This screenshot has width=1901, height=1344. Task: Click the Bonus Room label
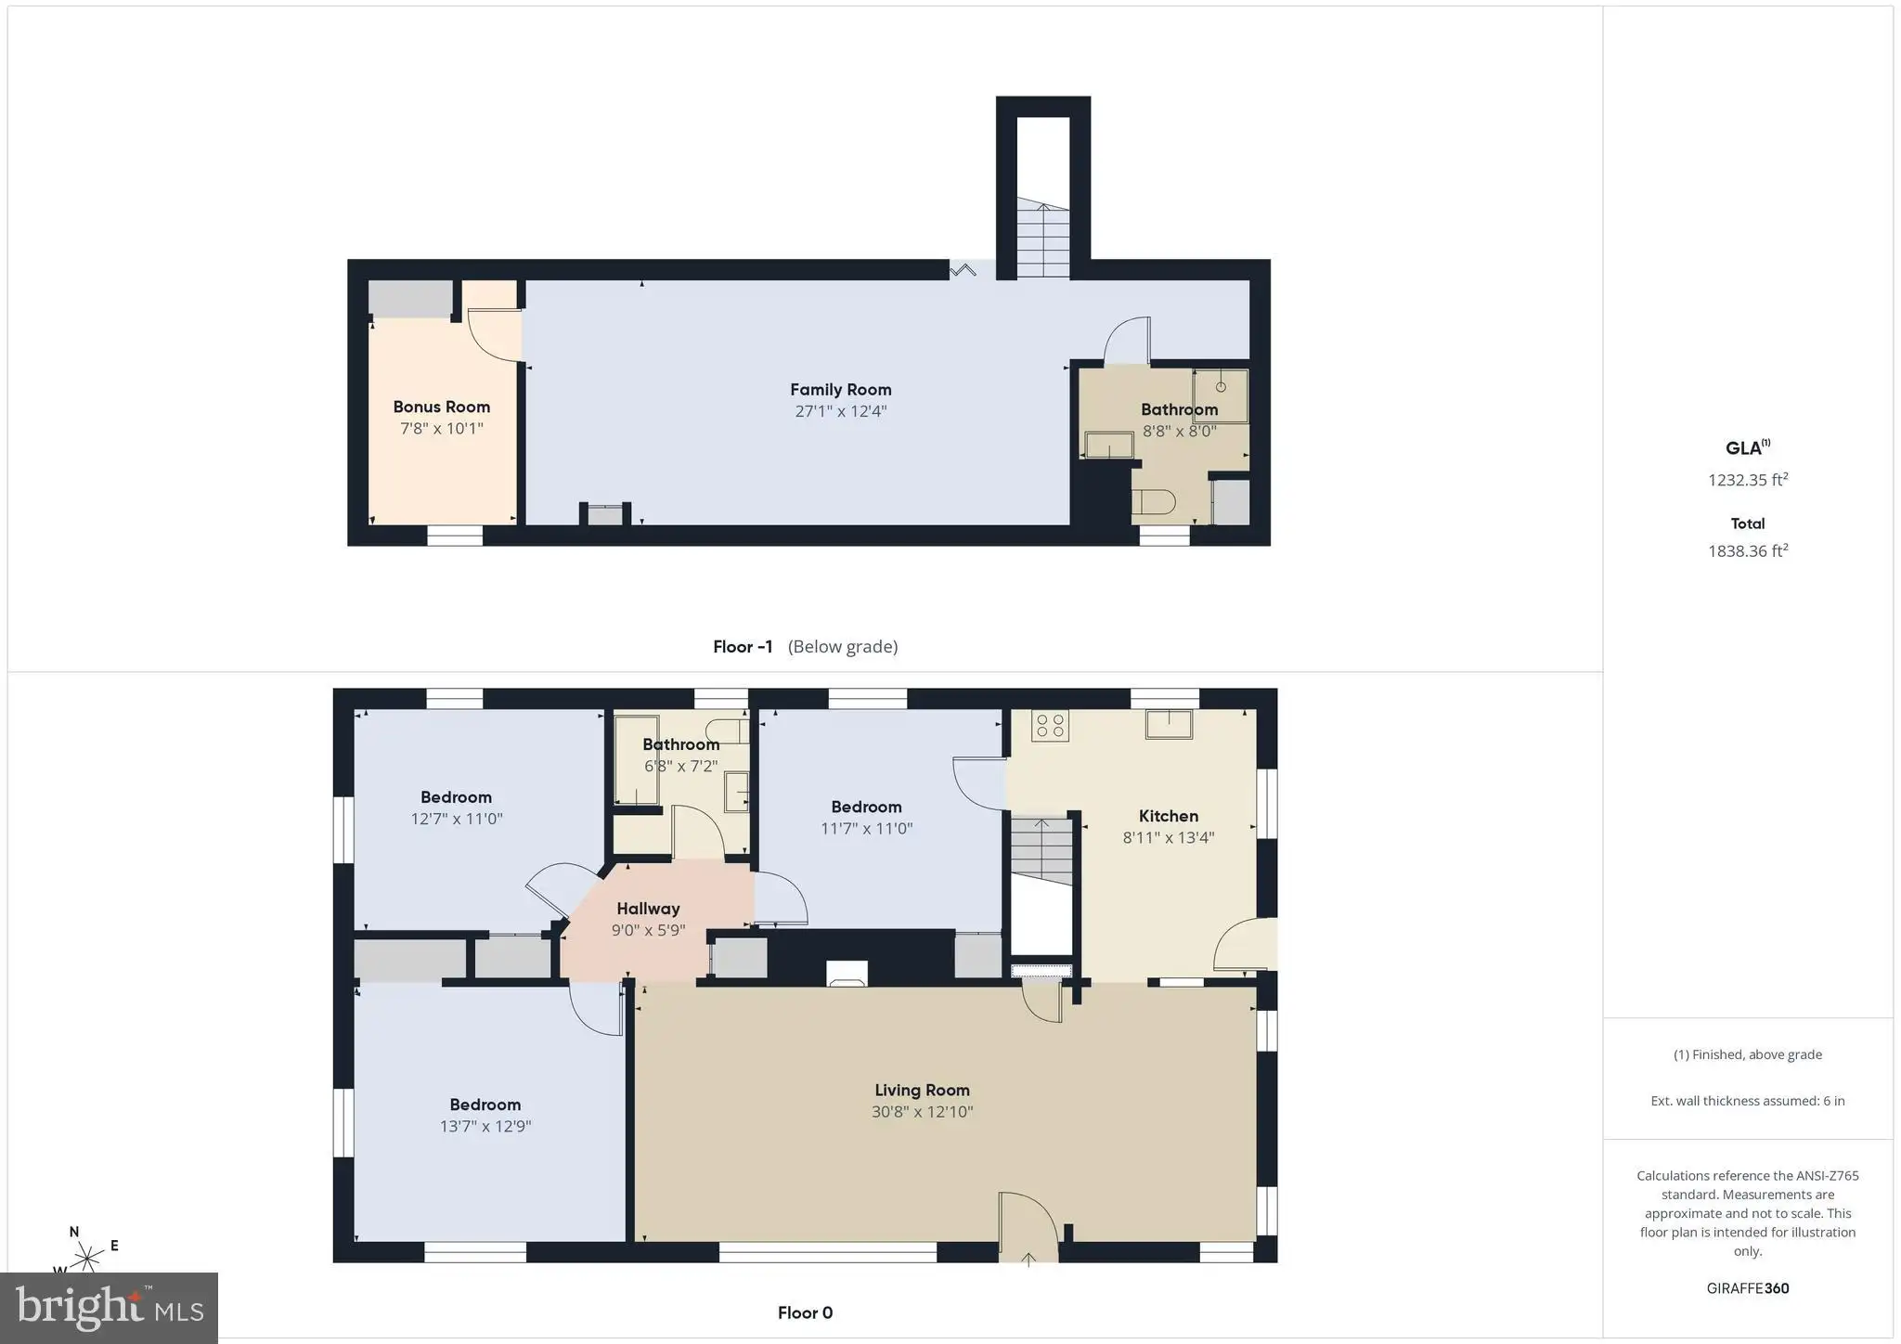click(x=441, y=407)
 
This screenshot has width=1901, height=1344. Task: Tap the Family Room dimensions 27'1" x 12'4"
click(x=841, y=411)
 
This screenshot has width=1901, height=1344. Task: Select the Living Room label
click(x=922, y=1091)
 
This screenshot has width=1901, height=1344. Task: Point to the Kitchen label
click(x=1169, y=816)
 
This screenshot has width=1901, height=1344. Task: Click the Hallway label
click(x=648, y=909)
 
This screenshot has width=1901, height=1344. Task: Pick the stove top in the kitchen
click(x=1050, y=725)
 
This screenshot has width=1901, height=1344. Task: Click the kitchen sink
click(x=1169, y=724)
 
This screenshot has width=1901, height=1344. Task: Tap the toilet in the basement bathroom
click(x=1154, y=502)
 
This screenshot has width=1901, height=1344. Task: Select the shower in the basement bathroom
click(x=1221, y=396)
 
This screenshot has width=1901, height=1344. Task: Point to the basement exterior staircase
click(x=1043, y=239)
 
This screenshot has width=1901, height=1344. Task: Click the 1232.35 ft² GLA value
click(x=1748, y=479)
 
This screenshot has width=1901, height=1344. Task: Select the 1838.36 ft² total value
click(x=1748, y=549)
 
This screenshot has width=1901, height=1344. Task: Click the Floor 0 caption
click(x=805, y=1312)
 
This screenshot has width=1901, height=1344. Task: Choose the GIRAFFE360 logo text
click(x=1748, y=1288)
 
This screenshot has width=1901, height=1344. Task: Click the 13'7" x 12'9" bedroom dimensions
click(x=485, y=1126)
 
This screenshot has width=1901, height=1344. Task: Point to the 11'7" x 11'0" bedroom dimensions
click(x=867, y=828)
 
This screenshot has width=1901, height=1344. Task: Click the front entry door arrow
click(x=1028, y=1258)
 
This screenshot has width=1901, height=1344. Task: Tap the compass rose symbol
click(x=88, y=1259)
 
